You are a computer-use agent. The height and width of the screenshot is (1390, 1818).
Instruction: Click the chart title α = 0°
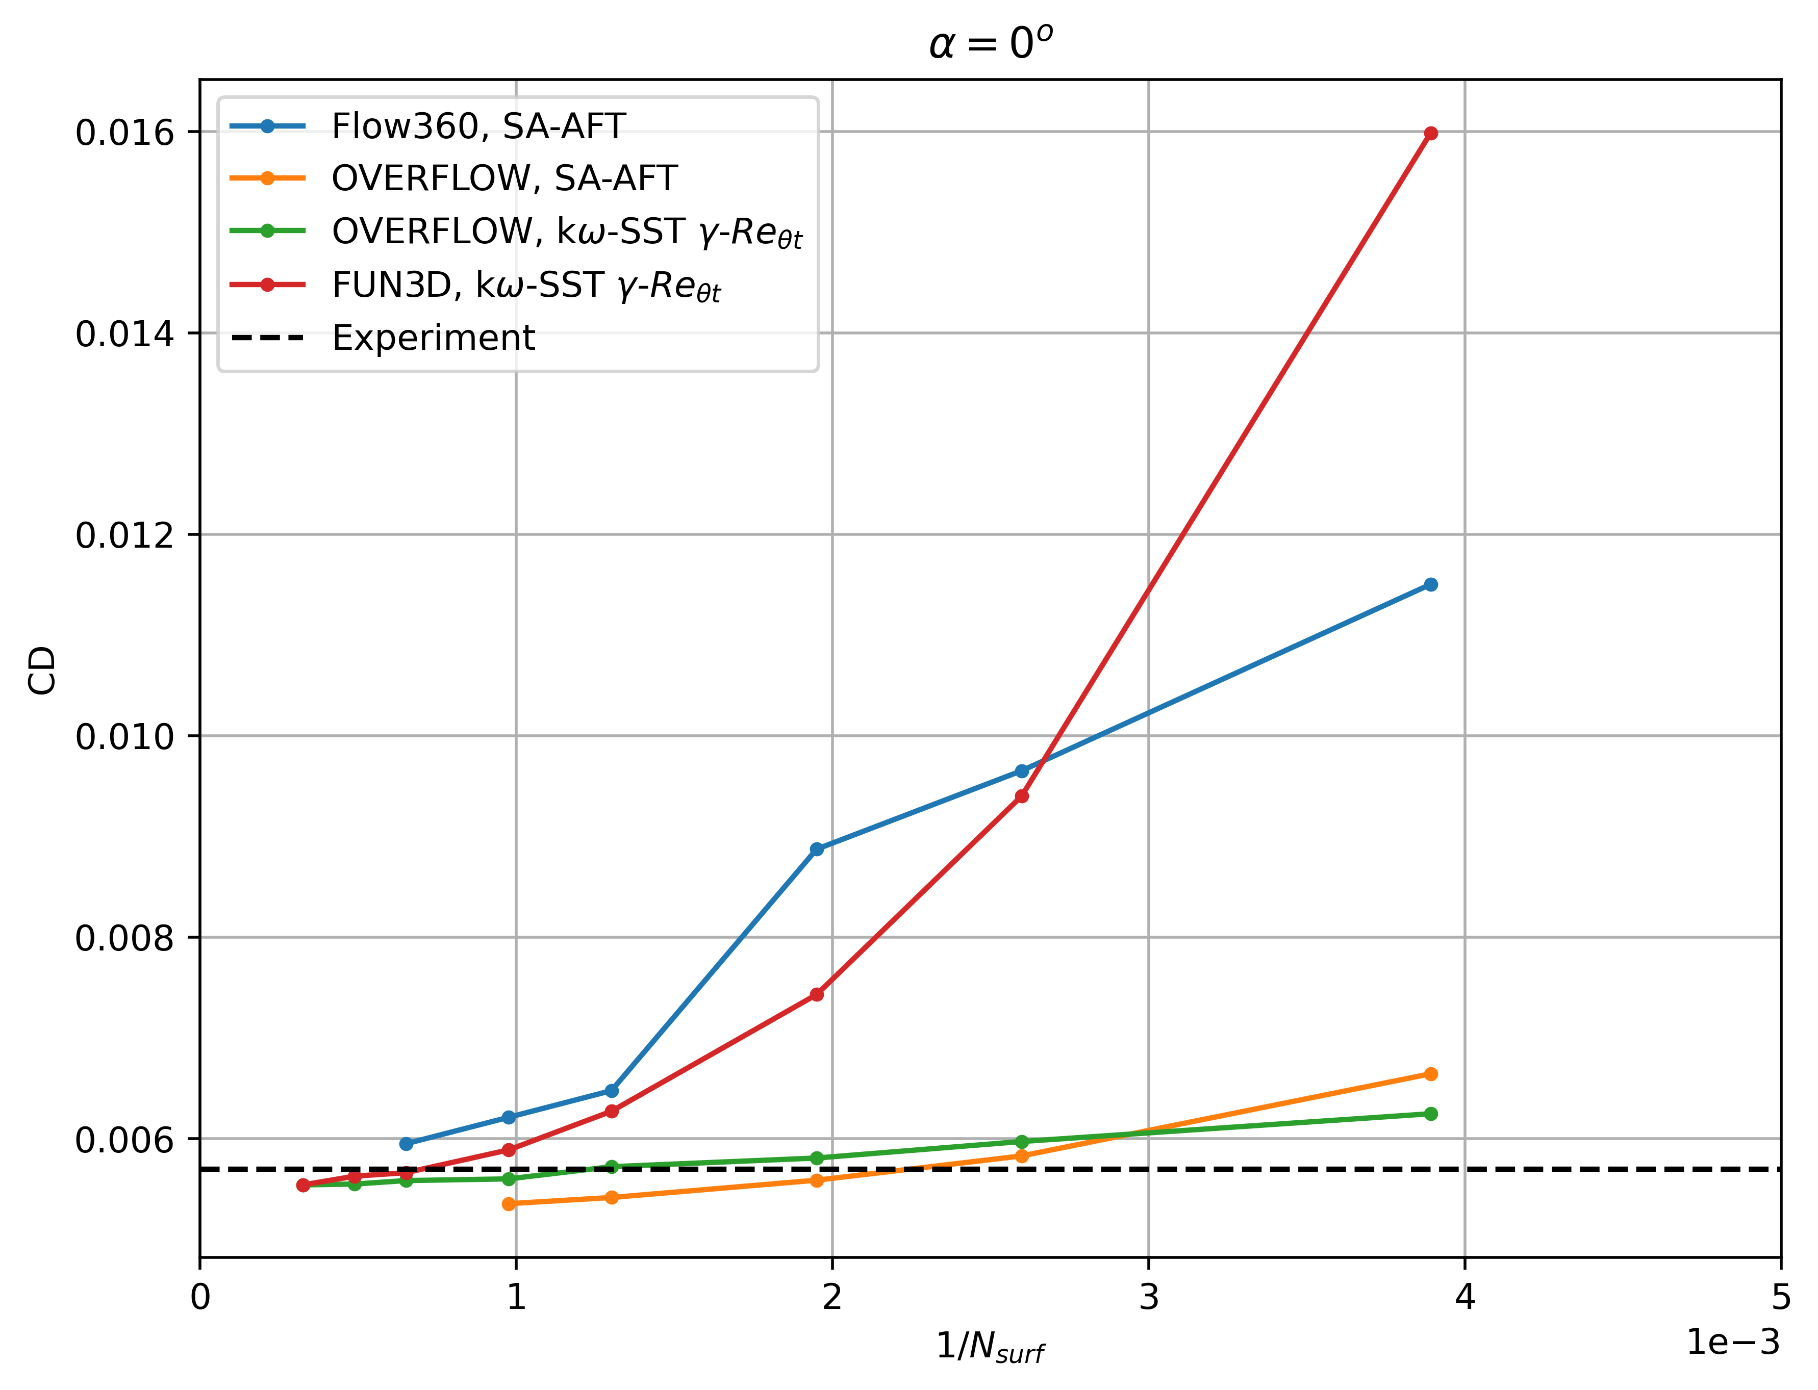pyautogui.click(x=991, y=43)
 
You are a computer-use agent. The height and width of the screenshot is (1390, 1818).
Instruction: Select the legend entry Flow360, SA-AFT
pyautogui.click(x=478, y=126)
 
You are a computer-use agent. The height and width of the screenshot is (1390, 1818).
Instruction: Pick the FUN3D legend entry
pyautogui.click(x=526, y=286)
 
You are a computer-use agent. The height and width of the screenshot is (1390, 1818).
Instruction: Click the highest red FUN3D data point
pyautogui.click(x=1431, y=133)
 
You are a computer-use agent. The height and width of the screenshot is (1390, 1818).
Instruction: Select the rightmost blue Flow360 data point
pyautogui.click(x=1431, y=585)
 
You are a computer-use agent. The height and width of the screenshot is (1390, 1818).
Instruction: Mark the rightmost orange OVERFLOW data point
pyautogui.click(x=1431, y=1074)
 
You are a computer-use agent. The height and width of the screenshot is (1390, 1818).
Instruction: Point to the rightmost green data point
pyautogui.click(x=1431, y=1114)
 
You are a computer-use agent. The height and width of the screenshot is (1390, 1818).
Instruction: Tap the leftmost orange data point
pyautogui.click(x=509, y=1204)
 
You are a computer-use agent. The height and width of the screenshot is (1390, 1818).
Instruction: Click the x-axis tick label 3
pyautogui.click(x=1149, y=1297)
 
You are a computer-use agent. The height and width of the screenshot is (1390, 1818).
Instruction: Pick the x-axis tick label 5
pyautogui.click(x=1781, y=1297)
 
